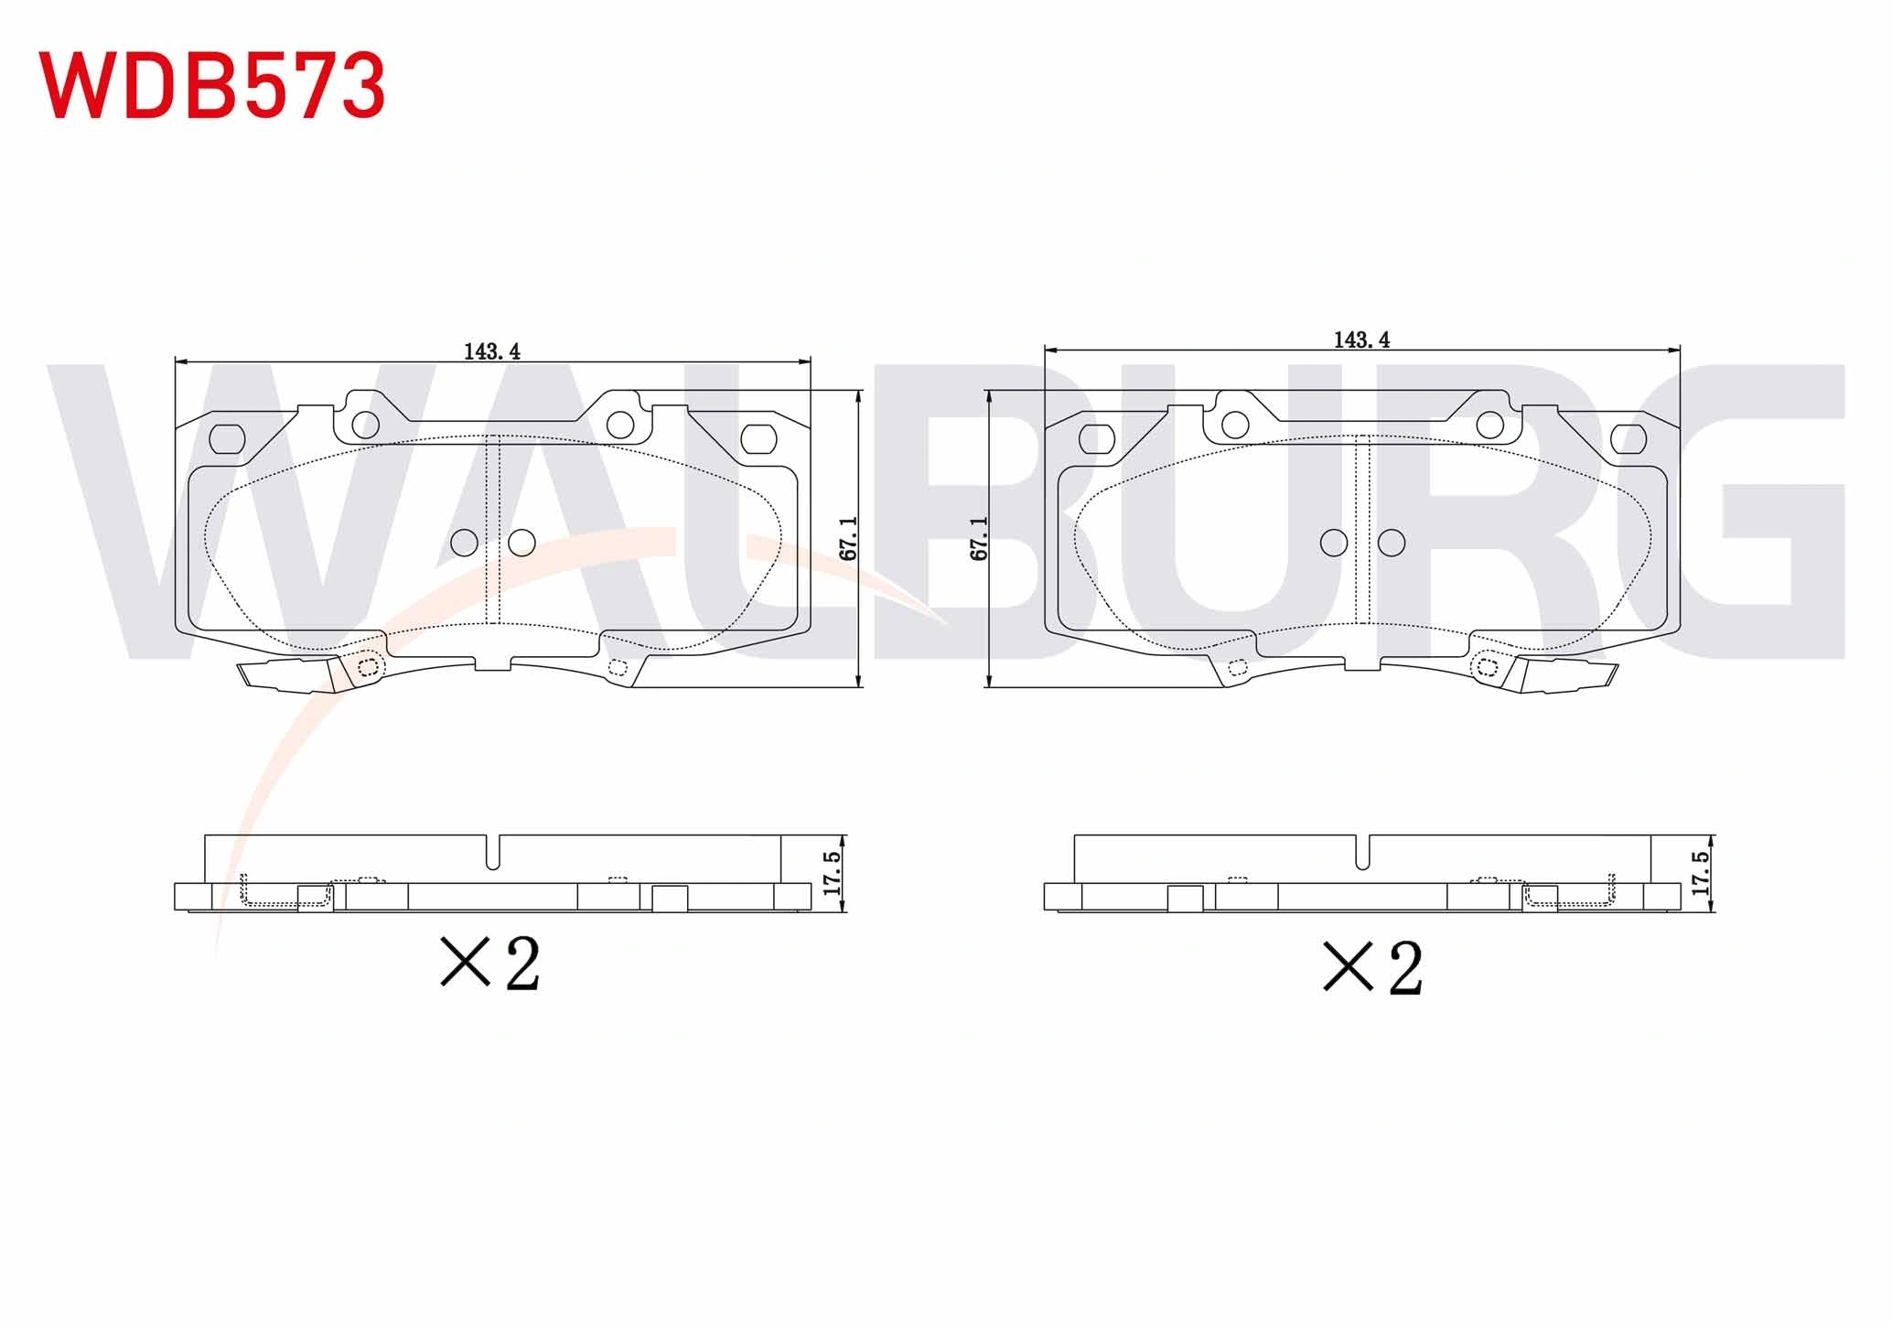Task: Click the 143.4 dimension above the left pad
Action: [x=492, y=351]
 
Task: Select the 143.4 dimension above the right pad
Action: [x=1361, y=339]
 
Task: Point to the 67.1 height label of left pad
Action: [x=848, y=538]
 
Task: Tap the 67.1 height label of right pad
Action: [x=979, y=538]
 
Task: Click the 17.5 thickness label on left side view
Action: [x=832, y=873]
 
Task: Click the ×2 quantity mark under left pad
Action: [x=490, y=963]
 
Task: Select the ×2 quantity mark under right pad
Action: [x=1372, y=967]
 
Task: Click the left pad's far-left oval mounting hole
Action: [x=227, y=439]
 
